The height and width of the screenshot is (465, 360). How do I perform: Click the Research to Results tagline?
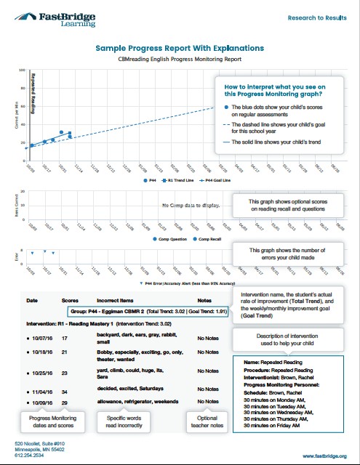316,15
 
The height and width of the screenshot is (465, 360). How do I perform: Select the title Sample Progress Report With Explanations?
180,48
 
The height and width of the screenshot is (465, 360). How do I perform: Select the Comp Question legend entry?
170,238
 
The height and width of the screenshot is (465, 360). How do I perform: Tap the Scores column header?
70,299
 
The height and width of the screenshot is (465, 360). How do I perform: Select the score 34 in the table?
65,389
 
